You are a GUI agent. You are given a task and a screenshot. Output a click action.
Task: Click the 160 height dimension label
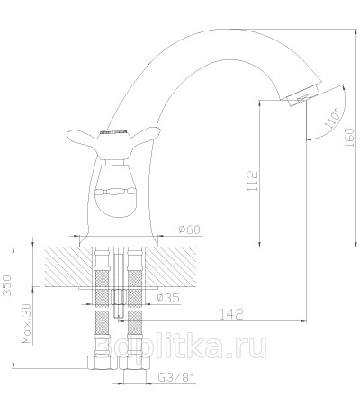[x=349, y=138]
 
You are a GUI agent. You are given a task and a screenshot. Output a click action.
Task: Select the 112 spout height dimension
[x=253, y=181]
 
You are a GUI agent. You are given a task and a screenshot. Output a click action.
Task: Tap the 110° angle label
[x=333, y=119]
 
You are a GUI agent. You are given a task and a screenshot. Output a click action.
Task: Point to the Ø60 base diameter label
[x=189, y=229]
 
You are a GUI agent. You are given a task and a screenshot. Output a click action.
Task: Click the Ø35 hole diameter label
[x=168, y=298]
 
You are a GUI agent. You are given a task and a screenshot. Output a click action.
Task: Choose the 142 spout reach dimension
[x=231, y=314]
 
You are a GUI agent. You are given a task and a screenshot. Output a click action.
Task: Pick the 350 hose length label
[x=6, y=285]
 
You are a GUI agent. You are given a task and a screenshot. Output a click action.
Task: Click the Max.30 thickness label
[x=27, y=323]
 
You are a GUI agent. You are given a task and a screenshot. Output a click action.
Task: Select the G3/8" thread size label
[x=177, y=378]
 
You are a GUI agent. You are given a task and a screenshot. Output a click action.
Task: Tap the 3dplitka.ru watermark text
[x=181, y=347]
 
